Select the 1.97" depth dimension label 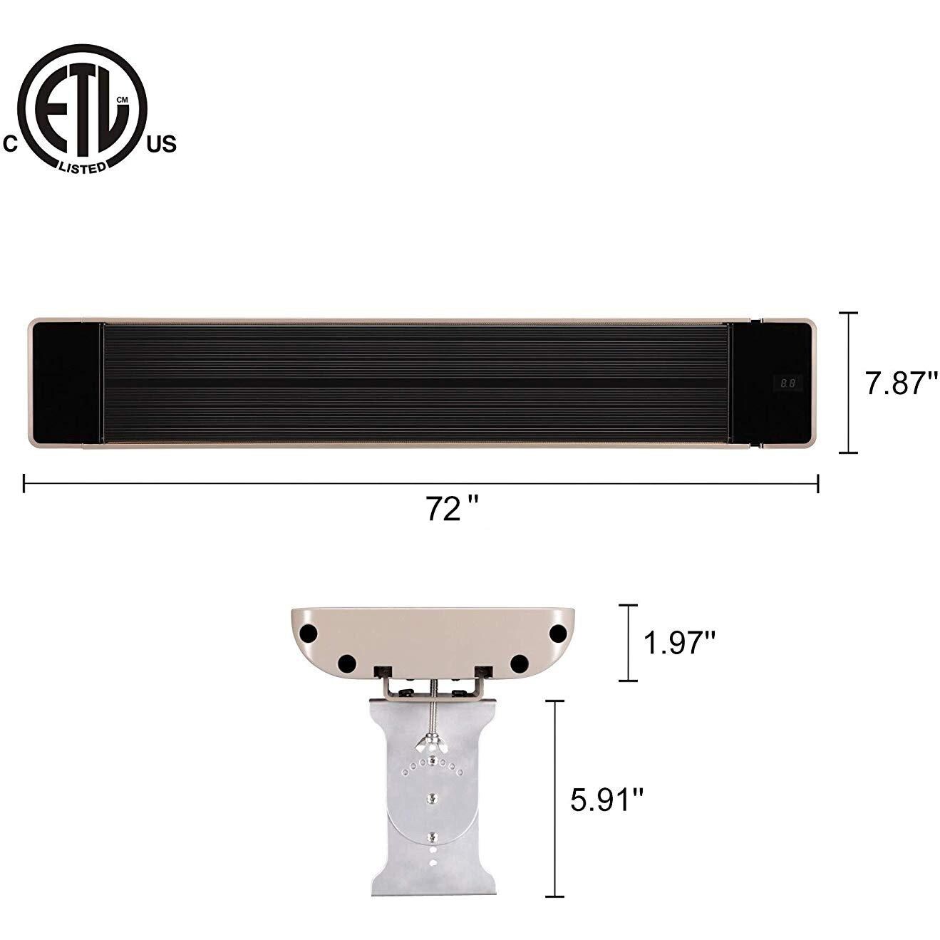(x=679, y=643)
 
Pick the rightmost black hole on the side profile (x=557, y=633)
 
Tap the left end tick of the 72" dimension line (x=24, y=484)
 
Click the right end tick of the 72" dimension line (x=817, y=484)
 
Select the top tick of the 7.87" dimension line (x=847, y=314)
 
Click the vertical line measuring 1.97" (x=628, y=643)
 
